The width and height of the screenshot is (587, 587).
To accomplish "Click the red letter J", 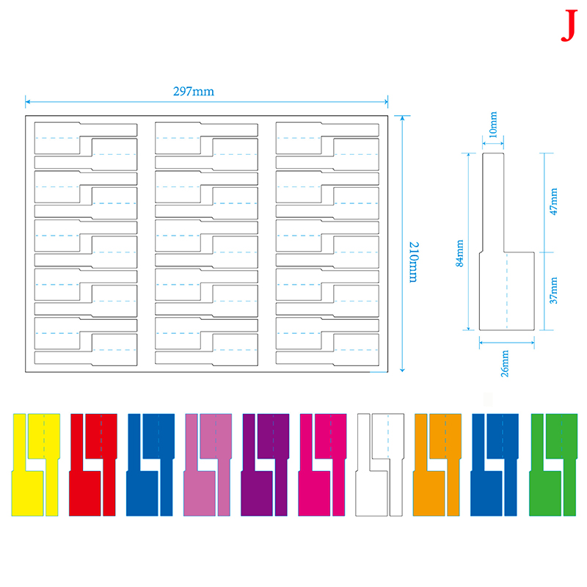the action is tap(569, 26).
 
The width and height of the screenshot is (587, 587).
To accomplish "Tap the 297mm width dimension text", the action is tap(194, 91).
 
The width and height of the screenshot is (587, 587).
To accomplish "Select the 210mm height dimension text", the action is tap(414, 262).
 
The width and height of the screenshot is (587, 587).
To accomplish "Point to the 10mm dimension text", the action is tap(493, 125).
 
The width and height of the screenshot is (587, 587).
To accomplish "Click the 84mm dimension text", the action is tap(459, 253).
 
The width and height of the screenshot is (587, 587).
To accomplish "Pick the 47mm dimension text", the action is tap(553, 201).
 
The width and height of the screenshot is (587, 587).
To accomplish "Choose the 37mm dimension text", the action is tap(553, 291).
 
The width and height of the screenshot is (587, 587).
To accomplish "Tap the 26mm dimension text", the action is tap(505, 363).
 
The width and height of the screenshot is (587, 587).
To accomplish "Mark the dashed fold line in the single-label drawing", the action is tap(507, 291).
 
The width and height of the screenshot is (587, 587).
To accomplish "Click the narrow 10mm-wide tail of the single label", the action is tap(493, 203).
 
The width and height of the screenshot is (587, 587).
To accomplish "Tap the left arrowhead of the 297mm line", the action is tap(27, 101).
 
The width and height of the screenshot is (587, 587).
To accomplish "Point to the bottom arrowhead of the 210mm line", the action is tap(402, 370).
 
